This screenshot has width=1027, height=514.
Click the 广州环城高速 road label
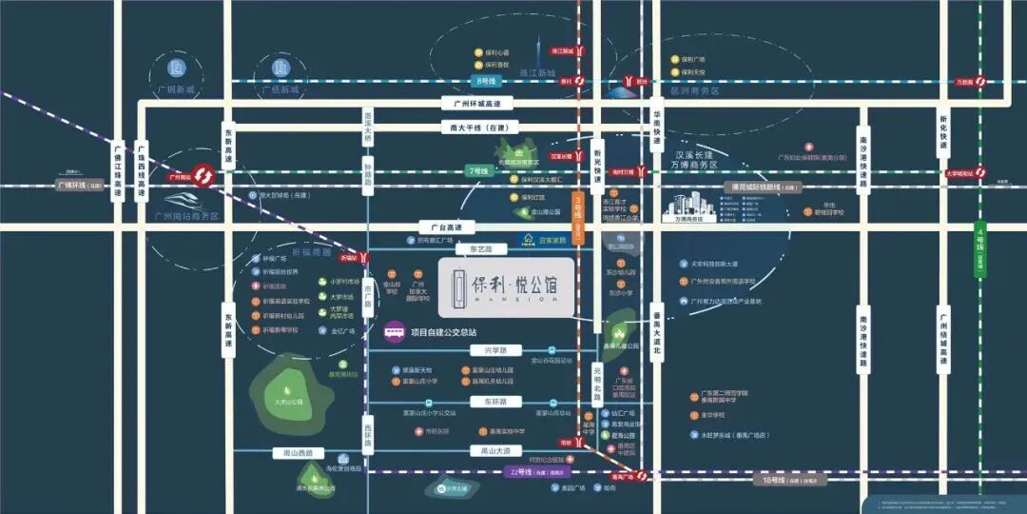click(x=483, y=103)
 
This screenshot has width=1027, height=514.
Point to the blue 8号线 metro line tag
click(x=484, y=81)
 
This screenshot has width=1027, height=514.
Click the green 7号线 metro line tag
click(x=478, y=170)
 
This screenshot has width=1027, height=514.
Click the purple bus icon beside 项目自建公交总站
click(x=394, y=333)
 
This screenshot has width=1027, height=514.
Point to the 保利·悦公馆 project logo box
click(x=505, y=287)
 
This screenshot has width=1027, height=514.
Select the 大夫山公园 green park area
click(x=288, y=390)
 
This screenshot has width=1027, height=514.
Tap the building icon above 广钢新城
click(x=175, y=69)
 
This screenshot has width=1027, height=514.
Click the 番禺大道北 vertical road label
click(x=656, y=338)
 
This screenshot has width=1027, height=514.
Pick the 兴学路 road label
click(x=484, y=350)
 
